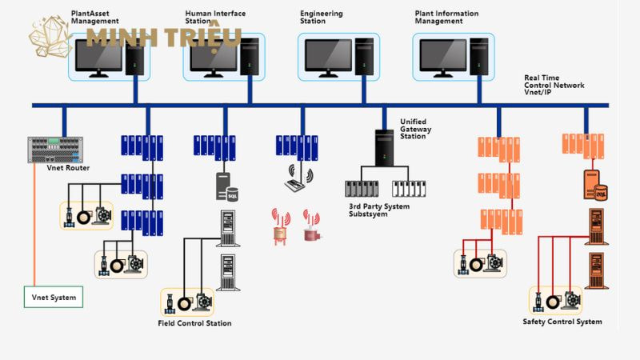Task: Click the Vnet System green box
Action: (54, 298)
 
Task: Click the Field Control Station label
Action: (195, 323)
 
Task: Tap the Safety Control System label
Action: (562, 322)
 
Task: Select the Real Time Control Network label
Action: (554, 85)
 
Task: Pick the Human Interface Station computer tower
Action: (249, 57)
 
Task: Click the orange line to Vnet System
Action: (34, 232)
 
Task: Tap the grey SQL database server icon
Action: (227, 186)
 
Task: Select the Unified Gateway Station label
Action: (418, 128)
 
